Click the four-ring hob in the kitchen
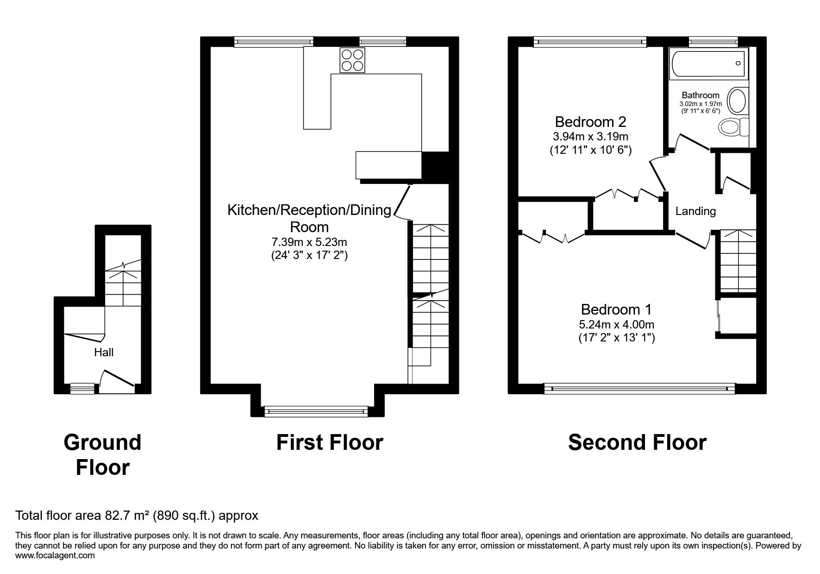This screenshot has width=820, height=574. [352, 60]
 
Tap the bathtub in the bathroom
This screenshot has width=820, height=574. [708, 64]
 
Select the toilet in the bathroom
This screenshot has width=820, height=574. [733, 126]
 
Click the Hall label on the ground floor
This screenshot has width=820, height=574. [104, 352]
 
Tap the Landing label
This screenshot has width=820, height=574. [695, 211]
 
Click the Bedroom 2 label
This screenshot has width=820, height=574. [590, 122]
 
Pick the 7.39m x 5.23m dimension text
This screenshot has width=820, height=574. [309, 242]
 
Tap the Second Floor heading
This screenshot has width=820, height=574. [637, 442]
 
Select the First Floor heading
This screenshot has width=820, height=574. [330, 442]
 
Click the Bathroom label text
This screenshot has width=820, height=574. [701, 95]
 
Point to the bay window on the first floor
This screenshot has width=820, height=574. [315, 410]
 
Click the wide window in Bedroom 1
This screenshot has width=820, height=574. [639, 389]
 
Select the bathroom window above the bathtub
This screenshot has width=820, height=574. [713, 42]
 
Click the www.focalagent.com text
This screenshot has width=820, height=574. [55, 555]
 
